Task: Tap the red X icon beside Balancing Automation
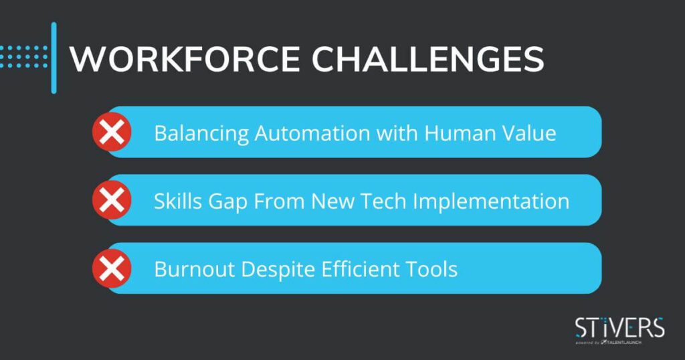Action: (x=112, y=132)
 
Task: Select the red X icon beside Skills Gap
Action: (x=112, y=200)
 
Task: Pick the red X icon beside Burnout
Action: (x=112, y=268)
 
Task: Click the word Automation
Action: (x=312, y=132)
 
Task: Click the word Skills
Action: (x=177, y=201)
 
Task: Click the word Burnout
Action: (x=195, y=269)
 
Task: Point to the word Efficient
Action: (x=360, y=269)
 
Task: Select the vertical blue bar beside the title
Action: (x=54, y=58)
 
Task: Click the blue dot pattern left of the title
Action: (x=24, y=57)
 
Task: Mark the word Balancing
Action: (x=201, y=133)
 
